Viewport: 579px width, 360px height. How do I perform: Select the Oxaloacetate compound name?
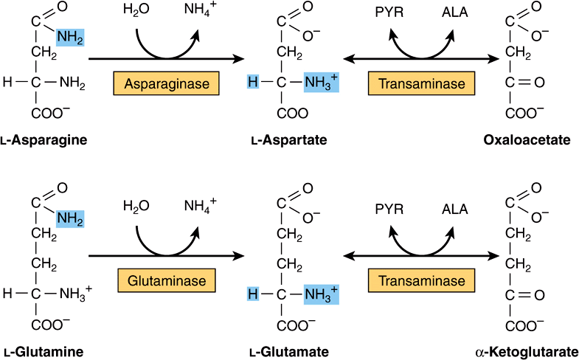[x=527, y=140]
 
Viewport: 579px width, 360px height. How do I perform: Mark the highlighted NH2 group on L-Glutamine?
[x=71, y=219]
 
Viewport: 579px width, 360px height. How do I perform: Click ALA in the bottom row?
[x=454, y=210]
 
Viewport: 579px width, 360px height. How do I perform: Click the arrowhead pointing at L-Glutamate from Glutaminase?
[x=240, y=256]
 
